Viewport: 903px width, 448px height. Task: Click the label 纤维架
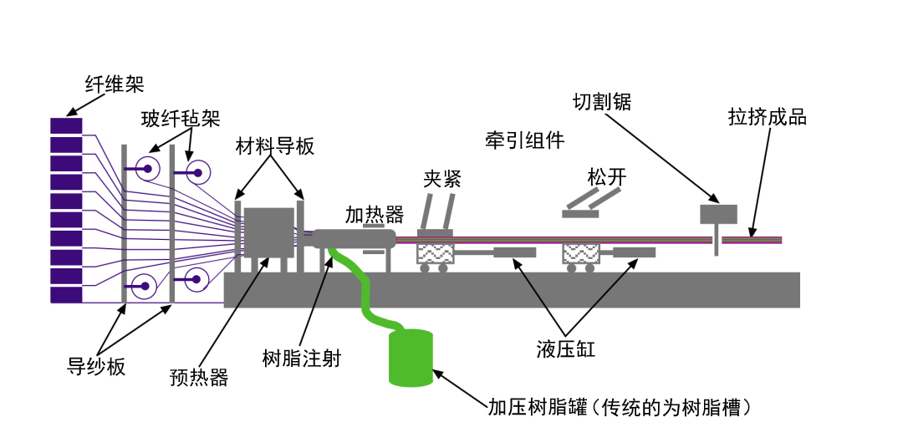[x=115, y=84]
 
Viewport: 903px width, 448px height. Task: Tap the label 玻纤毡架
[x=181, y=119]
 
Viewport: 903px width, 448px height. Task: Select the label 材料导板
[x=275, y=146]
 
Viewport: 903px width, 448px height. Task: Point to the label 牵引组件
[x=524, y=140]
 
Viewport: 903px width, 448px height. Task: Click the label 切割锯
[x=601, y=102]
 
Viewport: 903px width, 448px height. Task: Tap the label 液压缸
[x=566, y=349]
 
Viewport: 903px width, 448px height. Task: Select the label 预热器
[x=198, y=378]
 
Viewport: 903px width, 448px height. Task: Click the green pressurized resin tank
[x=411, y=358]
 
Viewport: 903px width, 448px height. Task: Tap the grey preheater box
[x=268, y=232]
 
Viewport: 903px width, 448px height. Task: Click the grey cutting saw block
[x=717, y=214]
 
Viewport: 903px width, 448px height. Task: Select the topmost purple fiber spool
[x=66, y=125]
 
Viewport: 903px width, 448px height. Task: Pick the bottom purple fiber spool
[x=66, y=295]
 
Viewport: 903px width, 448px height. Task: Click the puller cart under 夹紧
[x=435, y=252]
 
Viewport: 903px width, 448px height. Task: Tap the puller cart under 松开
[x=582, y=252]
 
